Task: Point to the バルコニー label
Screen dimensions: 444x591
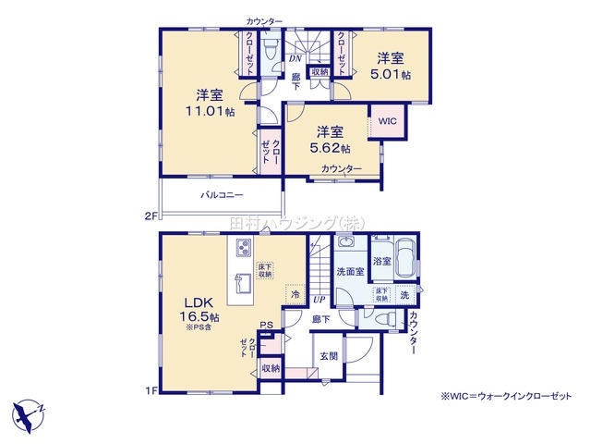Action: [x=222, y=195]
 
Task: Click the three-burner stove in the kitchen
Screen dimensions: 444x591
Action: [x=244, y=250]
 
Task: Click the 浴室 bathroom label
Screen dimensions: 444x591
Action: [x=381, y=262]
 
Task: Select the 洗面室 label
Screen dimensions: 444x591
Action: [x=348, y=272]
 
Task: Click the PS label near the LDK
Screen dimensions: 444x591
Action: [x=266, y=325]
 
